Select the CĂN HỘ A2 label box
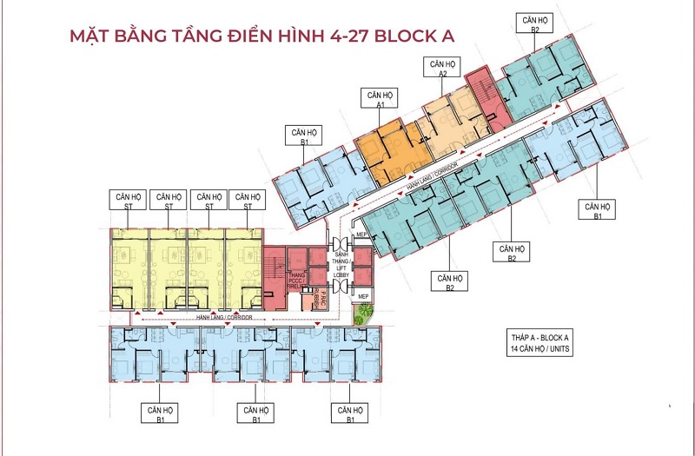coord(441,69)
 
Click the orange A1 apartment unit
coord(396,148)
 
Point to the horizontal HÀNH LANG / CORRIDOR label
coord(224,319)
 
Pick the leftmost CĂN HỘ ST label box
coord(127,202)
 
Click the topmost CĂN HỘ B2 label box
coord(528,23)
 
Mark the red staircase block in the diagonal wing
coord(483,99)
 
